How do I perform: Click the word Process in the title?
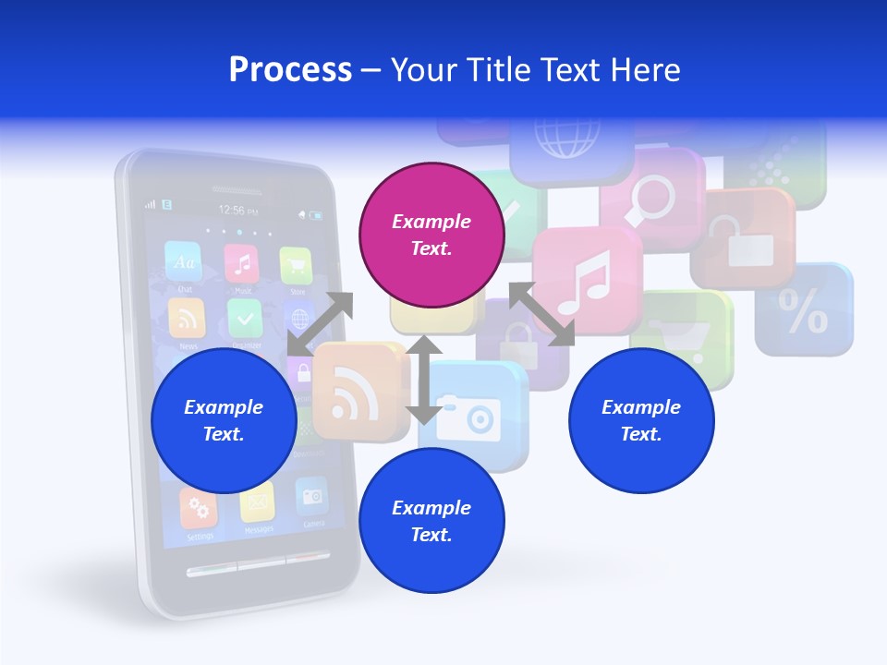click(x=290, y=69)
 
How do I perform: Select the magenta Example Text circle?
click(x=431, y=235)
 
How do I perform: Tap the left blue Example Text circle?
click(x=223, y=420)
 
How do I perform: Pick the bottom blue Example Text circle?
click(x=431, y=521)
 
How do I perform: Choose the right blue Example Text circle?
click(x=640, y=420)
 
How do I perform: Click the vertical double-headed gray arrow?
click(x=424, y=380)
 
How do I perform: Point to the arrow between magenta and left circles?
click(x=320, y=323)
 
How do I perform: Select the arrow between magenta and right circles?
click(x=542, y=314)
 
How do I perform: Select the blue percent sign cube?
click(x=804, y=310)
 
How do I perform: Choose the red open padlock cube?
click(x=744, y=239)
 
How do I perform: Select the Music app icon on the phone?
click(x=242, y=265)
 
